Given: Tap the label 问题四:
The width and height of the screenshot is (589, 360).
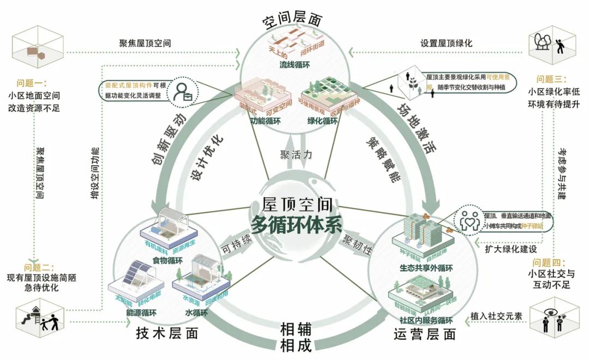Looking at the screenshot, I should pos(551,262).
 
